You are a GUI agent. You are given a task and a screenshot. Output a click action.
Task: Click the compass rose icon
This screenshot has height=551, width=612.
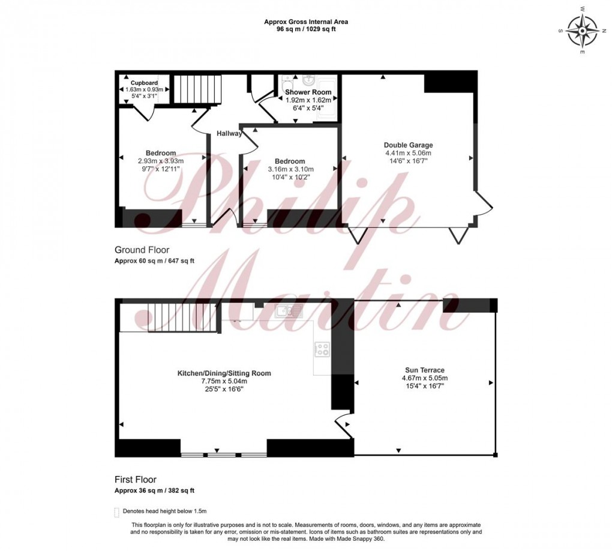coord(582,31)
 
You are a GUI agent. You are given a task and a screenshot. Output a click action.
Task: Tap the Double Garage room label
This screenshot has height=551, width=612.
coord(408,145)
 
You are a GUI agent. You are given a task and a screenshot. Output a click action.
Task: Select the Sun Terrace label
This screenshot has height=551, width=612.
coord(424,370)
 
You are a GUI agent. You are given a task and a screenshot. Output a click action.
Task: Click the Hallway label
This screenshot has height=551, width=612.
coord(229,133)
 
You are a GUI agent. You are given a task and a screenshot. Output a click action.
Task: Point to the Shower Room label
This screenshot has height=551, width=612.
coord(308,92)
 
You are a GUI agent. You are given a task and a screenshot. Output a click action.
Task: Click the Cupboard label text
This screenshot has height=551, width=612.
coord(145,83)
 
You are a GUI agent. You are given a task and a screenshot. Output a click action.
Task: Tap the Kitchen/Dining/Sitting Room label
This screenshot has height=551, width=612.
coord(224,373)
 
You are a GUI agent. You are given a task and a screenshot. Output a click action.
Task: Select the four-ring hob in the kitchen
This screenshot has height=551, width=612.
coord(322,349)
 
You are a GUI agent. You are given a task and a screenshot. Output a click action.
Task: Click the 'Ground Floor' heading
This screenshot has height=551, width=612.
coord(142,250)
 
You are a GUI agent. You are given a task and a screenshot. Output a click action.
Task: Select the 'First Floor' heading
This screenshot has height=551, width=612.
coord(136,480)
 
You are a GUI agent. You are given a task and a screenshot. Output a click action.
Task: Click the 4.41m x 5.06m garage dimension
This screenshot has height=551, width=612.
coord(408,153)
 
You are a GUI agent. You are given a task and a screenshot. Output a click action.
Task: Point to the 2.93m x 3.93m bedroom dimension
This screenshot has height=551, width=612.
coord(161,161)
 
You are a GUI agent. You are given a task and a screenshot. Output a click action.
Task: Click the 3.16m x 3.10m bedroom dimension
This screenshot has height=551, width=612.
coord(290,169)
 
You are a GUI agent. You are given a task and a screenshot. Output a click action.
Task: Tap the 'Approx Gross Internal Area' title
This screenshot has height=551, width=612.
coord(306,22)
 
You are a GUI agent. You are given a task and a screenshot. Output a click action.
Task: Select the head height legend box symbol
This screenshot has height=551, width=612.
coord(117,512)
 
